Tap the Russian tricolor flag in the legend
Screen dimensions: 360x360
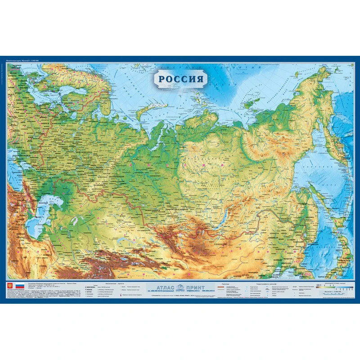coord(20,286)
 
